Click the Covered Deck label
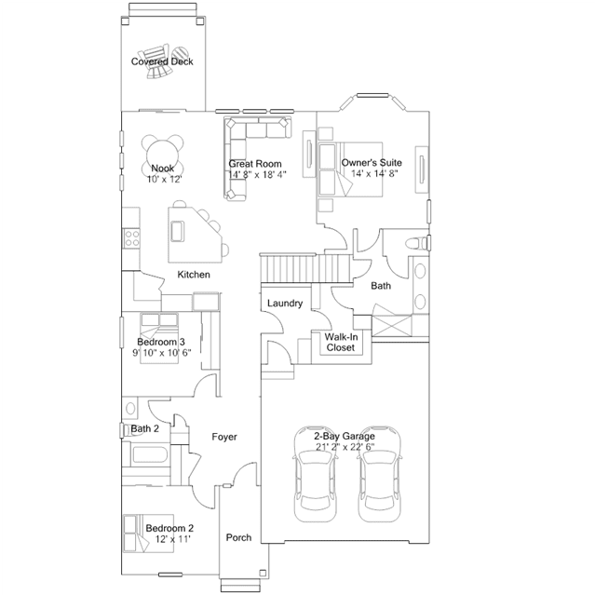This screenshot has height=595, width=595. click(x=162, y=61)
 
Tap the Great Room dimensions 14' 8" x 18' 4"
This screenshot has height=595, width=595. click(x=257, y=174)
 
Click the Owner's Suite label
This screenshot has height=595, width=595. click(x=372, y=163)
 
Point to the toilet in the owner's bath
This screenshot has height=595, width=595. click(x=417, y=243)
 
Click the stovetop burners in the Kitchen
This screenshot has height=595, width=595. click(x=131, y=238)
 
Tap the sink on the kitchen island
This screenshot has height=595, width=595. click(x=177, y=231)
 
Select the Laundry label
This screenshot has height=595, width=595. click(x=285, y=304)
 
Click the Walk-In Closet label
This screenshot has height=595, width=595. click(x=341, y=342)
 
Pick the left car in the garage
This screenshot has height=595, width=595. click(x=316, y=474)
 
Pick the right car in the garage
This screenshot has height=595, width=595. click(x=380, y=474)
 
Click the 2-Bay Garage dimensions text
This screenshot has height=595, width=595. click(x=345, y=447)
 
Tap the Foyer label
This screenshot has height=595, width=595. click(x=224, y=437)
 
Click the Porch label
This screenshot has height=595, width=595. click(x=238, y=537)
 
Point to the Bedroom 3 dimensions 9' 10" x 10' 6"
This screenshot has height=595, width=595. click(x=162, y=353)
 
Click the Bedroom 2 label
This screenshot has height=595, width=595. click(x=169, y=528)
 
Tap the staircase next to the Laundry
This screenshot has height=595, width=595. click(x=305, y=268)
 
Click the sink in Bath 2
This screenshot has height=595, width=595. click(x=130, y=408)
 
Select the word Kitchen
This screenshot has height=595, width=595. click(x=194, y=275)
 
